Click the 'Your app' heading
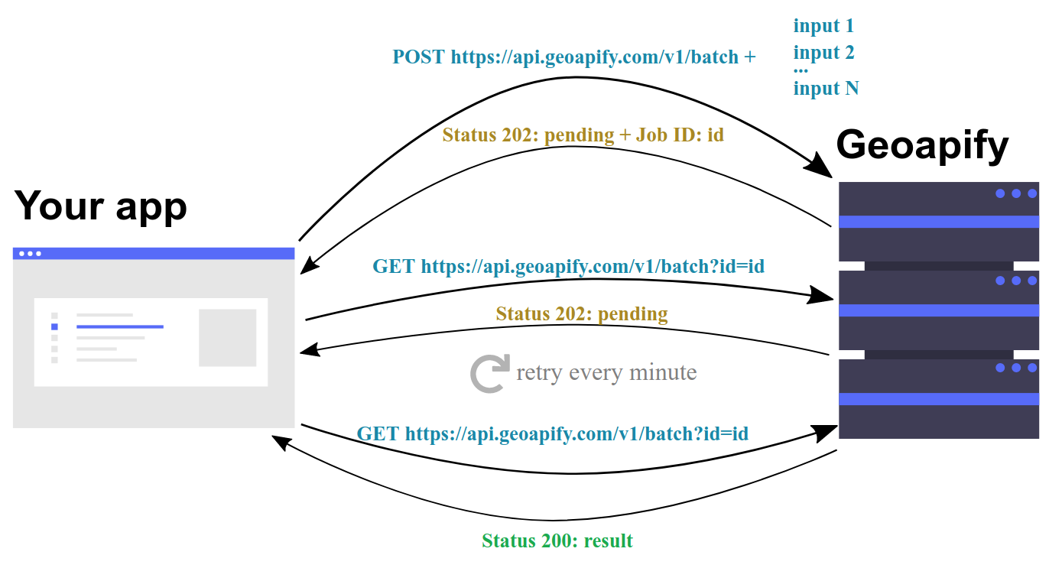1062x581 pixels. (x=100, y=206)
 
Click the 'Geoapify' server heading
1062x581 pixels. (x=922, y=145)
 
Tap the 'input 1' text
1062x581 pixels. (x=823, y=26)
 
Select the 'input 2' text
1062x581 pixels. (x=823, y=53)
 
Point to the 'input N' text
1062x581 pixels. (x=826, y=89)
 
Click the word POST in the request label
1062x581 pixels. (x=419, y=57)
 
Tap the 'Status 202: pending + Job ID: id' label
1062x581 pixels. (x=583, y=135)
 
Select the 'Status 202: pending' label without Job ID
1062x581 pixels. (x=582, y=314)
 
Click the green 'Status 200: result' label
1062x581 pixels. (x=557, y=540)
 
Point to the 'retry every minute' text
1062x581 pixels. (x=606, y=373)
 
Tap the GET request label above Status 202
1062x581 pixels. (x=568, y=266)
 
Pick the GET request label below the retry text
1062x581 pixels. (x=552, y=434)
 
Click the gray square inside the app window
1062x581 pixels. (x=228, y=338)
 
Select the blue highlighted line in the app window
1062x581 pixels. (x=120, y=326)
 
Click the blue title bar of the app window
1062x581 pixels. (x=154, y=254)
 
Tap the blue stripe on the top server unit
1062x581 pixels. (x=939, y=222)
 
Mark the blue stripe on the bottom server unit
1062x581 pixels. (x=939, y=399)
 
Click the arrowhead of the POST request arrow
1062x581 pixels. (x=820, y=166)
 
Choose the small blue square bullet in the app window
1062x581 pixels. (x=54, y=327)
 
